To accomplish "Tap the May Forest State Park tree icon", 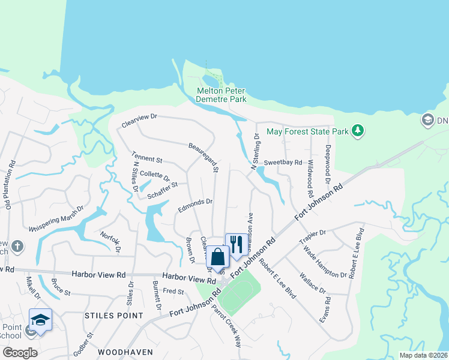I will pyautogui.click(x=358, y=131).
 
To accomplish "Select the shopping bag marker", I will pyautogui.click(x=218, y=256).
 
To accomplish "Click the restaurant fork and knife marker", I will pyautogui.click(x=235, y=244).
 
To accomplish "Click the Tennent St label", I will pyautogui.click(x=147, y=160).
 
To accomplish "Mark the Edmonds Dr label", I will pyautogui.click(x=195, y=206).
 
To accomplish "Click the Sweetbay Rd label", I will pyautogui.click(x=283, y=163).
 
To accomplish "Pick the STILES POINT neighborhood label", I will pyautogui.click(x=114, y=315).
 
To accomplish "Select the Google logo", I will pyautogui.click(x=20, y=352).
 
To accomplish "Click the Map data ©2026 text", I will pyautogui.click(x=423, y=355).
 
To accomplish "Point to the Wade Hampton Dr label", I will pyautogui.click(x=325, y=262).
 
